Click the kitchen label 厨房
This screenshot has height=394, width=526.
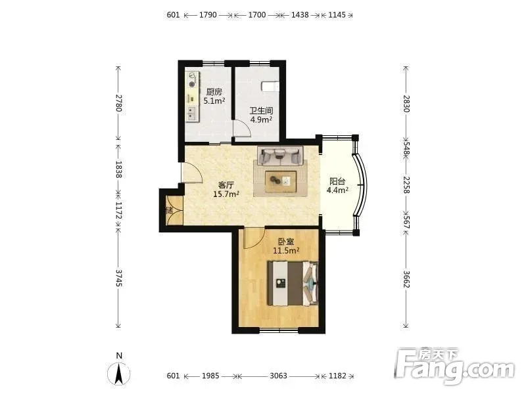click(x=214, y=92)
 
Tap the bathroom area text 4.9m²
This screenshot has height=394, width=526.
click(x=261, y=120)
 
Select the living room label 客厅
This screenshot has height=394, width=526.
click(x=226, y=185)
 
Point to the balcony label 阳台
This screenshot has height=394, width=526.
click(x=337, y=182)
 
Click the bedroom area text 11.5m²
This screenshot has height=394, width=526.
click(x=286, y=250)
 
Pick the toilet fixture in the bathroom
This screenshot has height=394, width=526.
click(x=270, y=86)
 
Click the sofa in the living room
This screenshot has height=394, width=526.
click(x=280, y=156)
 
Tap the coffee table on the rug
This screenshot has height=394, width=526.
click(x=281, y=182)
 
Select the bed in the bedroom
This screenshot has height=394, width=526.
click(x=293, y=284)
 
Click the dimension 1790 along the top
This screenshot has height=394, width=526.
click(x=208, y=15)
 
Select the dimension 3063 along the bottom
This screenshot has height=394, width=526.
click(x=278, y=376)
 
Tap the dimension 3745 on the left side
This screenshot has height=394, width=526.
click(x=118, y=278)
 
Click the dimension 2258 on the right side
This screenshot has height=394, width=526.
click(x=406, y=185)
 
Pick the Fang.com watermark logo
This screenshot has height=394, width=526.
click(x=454, y=366)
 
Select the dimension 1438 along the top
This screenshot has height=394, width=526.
click(x=300, y=15)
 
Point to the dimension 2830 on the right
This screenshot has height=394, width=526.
click(x=406, y=104)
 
